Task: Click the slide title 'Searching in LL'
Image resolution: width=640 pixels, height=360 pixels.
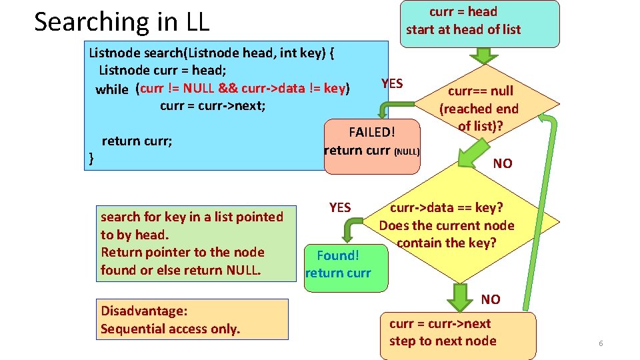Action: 121,22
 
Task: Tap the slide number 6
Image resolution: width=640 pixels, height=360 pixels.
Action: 601,343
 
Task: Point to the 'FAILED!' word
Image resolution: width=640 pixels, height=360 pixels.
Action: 372,132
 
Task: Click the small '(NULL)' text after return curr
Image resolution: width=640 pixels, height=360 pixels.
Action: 406,152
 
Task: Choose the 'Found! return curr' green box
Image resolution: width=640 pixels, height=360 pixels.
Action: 338,264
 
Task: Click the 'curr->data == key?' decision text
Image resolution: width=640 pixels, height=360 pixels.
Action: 447,208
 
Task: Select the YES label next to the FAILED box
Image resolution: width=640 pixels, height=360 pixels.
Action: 392,83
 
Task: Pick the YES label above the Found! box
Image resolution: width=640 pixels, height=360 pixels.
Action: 340,207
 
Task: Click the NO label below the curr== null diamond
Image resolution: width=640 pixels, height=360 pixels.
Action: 502,163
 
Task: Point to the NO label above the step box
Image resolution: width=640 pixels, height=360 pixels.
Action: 491,299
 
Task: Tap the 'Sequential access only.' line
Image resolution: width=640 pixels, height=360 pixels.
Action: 170,329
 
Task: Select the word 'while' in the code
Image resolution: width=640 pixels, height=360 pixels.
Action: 112,89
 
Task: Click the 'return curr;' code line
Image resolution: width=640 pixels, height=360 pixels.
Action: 137,141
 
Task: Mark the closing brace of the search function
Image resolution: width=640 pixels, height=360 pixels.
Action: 91,158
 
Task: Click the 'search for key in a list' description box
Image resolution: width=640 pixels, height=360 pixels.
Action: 192,243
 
